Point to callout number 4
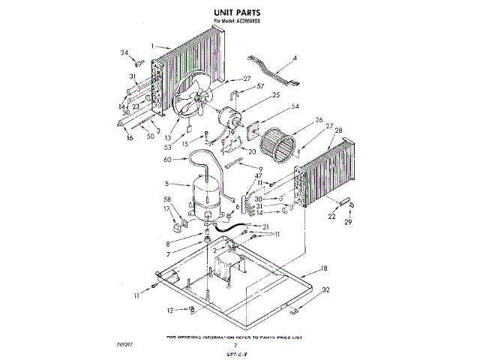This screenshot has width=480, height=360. point(295,58)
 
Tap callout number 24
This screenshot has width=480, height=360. point(124,52)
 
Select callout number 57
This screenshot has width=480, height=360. point(260,87)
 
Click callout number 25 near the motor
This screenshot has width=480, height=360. point(254,95)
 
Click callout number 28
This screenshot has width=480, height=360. point(338,131)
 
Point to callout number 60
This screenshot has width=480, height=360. point(167,159)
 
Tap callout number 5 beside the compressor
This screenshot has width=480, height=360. point(166,184)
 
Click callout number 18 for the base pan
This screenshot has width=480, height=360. point(324,268)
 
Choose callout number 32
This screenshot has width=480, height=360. point(325,289)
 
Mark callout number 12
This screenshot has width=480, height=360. point(170,310)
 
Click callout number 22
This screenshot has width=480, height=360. point(331,217)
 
